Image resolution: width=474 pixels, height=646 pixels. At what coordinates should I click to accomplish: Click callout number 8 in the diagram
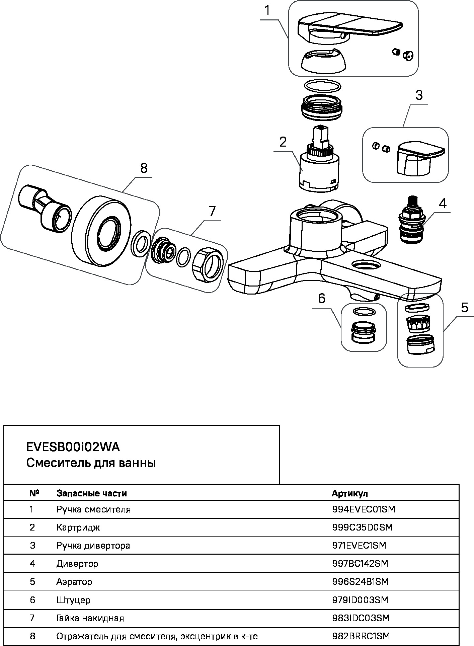coord(144,168)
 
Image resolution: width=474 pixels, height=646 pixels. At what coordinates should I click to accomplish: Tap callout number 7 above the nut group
coord(212,211)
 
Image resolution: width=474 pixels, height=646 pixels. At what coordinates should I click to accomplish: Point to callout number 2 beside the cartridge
coord(283,142)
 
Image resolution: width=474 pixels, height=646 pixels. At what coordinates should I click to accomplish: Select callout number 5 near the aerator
coord(464,307)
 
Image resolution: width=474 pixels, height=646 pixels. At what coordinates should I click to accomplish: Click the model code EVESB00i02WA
coord(73,447)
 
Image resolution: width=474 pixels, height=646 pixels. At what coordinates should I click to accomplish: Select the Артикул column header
coord(349,493)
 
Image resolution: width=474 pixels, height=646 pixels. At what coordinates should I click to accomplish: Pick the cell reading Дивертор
coord(77,564)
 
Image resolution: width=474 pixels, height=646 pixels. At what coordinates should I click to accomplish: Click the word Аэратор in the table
coord(74,582)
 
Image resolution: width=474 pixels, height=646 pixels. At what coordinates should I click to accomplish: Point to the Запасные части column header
coord(92,493)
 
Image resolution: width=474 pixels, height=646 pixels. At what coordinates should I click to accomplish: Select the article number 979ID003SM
coord(360,600)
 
